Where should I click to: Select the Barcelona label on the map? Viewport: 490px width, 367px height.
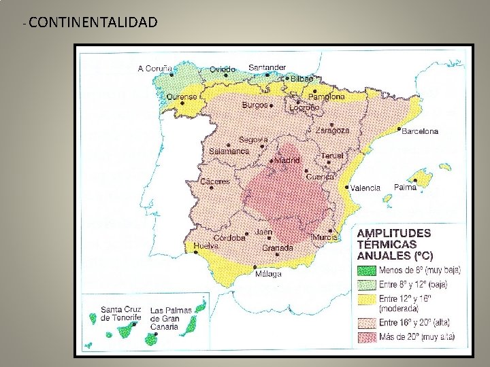click(420, 130)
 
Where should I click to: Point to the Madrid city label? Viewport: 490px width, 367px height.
click(287, 160)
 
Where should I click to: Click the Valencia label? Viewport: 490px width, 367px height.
click(365, 188)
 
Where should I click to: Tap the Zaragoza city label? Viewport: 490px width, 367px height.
click(332, 130)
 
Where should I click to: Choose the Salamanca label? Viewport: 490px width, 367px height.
click(229, 151)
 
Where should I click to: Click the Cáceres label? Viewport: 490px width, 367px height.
click(215, 181)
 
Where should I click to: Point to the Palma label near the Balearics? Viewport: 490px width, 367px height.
click(405, 186)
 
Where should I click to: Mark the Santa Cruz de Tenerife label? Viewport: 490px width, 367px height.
click(120, 313)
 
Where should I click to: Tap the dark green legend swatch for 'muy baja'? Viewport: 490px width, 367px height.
click(367, 270)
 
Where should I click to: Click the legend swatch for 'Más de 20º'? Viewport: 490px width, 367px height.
click(367, 336)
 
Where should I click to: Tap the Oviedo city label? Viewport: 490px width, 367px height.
click(221, 69)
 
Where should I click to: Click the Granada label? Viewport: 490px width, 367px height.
click(277, 248)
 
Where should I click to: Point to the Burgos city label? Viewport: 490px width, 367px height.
click(255, 106)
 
